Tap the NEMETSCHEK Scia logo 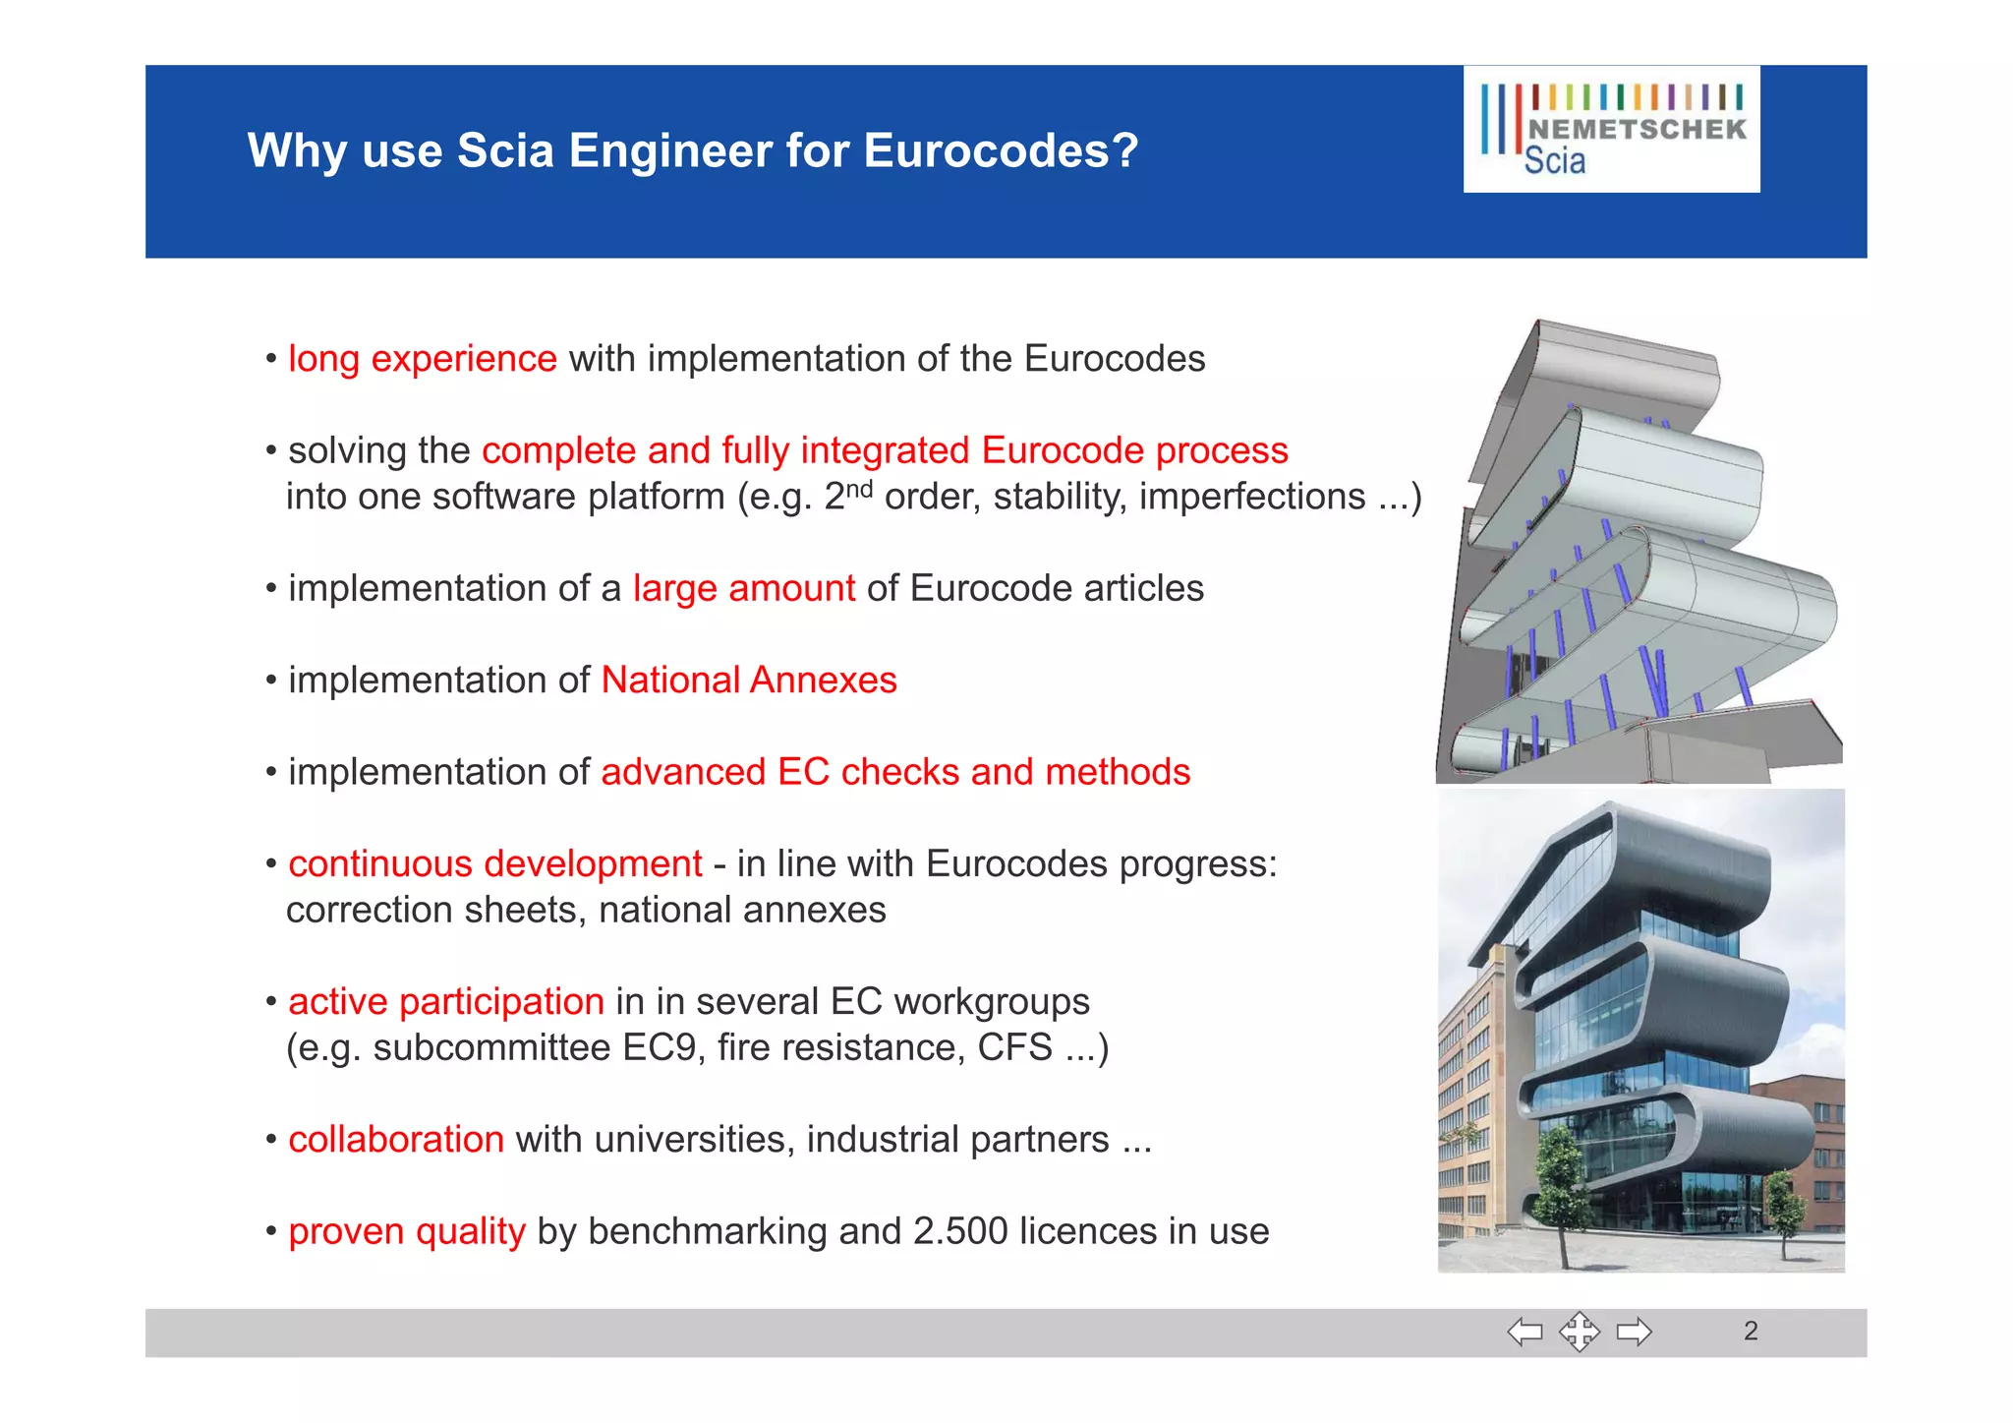pyautogui.click(x=1611, y=129)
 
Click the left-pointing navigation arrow pyautogui.click(x=1524, y=1332)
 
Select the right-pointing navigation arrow pyautogui.click(x=1635, y=1332)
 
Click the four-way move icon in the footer pyautogui.click(x=1579, y=1332)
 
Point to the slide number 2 pyautogui.click(x=1751, y=1332)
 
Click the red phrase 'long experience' pyautogui.click(x=423, y=359)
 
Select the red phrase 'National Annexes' pyautogui.click(x=749, y=681)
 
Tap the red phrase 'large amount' pyautogui.click(x=744, y=588)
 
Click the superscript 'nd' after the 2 pyautogui.click(x=859, y=488)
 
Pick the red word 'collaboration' pyautogui.click(x=396, y=1139)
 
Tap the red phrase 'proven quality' pyautogui.click(x=407, y=1231)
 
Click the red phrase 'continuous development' pyautogui.click(x=495, y=863)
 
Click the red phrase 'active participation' pyautogui.click(x=446, y=1001)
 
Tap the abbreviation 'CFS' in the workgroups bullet pyautogui.click(x=1014, y=1047)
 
